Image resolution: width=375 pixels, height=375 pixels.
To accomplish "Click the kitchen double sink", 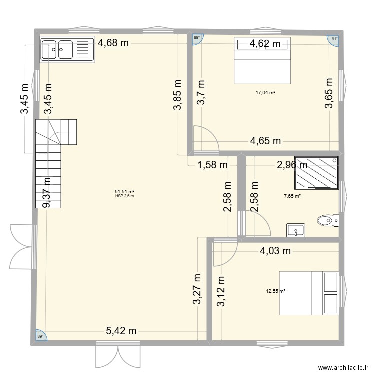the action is click(x=67, y=49).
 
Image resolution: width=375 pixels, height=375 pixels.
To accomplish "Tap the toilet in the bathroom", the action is click(x=328, y=220).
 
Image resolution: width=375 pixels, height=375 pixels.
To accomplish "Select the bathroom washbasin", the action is click(x=296, y=230).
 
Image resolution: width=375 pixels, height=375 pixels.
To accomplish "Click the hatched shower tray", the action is click(x=317, y=173).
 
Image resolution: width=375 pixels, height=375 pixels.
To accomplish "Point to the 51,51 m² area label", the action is click(x=124, y=191).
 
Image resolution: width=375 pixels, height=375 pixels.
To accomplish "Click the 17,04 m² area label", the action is click(x=265, y=93).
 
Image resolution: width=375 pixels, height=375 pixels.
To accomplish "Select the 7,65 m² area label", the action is click(x=292, y=196).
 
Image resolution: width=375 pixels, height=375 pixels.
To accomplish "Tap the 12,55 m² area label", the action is click(x=276, y=291).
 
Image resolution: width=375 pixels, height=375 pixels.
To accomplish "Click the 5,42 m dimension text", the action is click(x=121, y=331).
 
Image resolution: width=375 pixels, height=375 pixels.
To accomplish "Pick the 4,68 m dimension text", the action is click(x=113, y=43).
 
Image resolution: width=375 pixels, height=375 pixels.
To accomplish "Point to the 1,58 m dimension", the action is click(x=212, y=165).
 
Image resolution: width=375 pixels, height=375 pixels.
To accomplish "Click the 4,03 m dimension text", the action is click(x=275, y=251).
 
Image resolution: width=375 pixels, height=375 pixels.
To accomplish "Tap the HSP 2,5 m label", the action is click(x=124, y=196).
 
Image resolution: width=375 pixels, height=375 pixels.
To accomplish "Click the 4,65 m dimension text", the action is click(x=265, y=141).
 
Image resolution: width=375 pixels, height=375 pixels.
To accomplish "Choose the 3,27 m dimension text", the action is click(x=197, y=289).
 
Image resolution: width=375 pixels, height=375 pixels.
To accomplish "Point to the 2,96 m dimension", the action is click(x=292, y=165).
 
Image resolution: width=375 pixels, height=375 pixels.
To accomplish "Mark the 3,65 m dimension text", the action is click(x=329, y=93).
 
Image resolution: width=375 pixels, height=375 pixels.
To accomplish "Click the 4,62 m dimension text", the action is click(x=265, y=44).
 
